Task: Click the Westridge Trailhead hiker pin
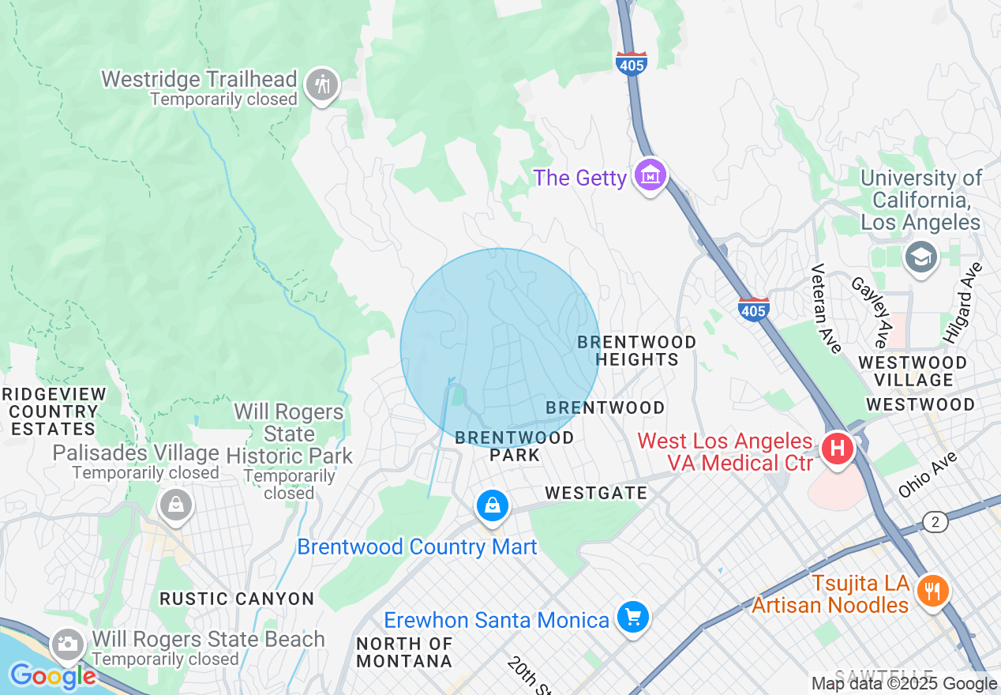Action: point(322,84)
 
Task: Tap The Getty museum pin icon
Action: point(650,176)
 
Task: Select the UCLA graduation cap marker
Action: point(920,257)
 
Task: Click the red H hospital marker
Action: point(838,449)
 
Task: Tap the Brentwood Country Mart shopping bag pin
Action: point(493,505)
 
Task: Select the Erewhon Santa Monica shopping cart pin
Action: point(632,617)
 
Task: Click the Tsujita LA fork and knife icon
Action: point(932,590)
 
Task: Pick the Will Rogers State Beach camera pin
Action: point(68,644)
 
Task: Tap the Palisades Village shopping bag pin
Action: point(175,504)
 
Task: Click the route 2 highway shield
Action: point(935,521)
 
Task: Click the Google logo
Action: point(53,676)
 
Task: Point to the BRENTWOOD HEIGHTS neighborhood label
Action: point(636,351)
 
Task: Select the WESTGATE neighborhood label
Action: point(596,494)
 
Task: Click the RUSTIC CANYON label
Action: point(237,599)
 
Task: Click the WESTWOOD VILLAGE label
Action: point(912,371)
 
